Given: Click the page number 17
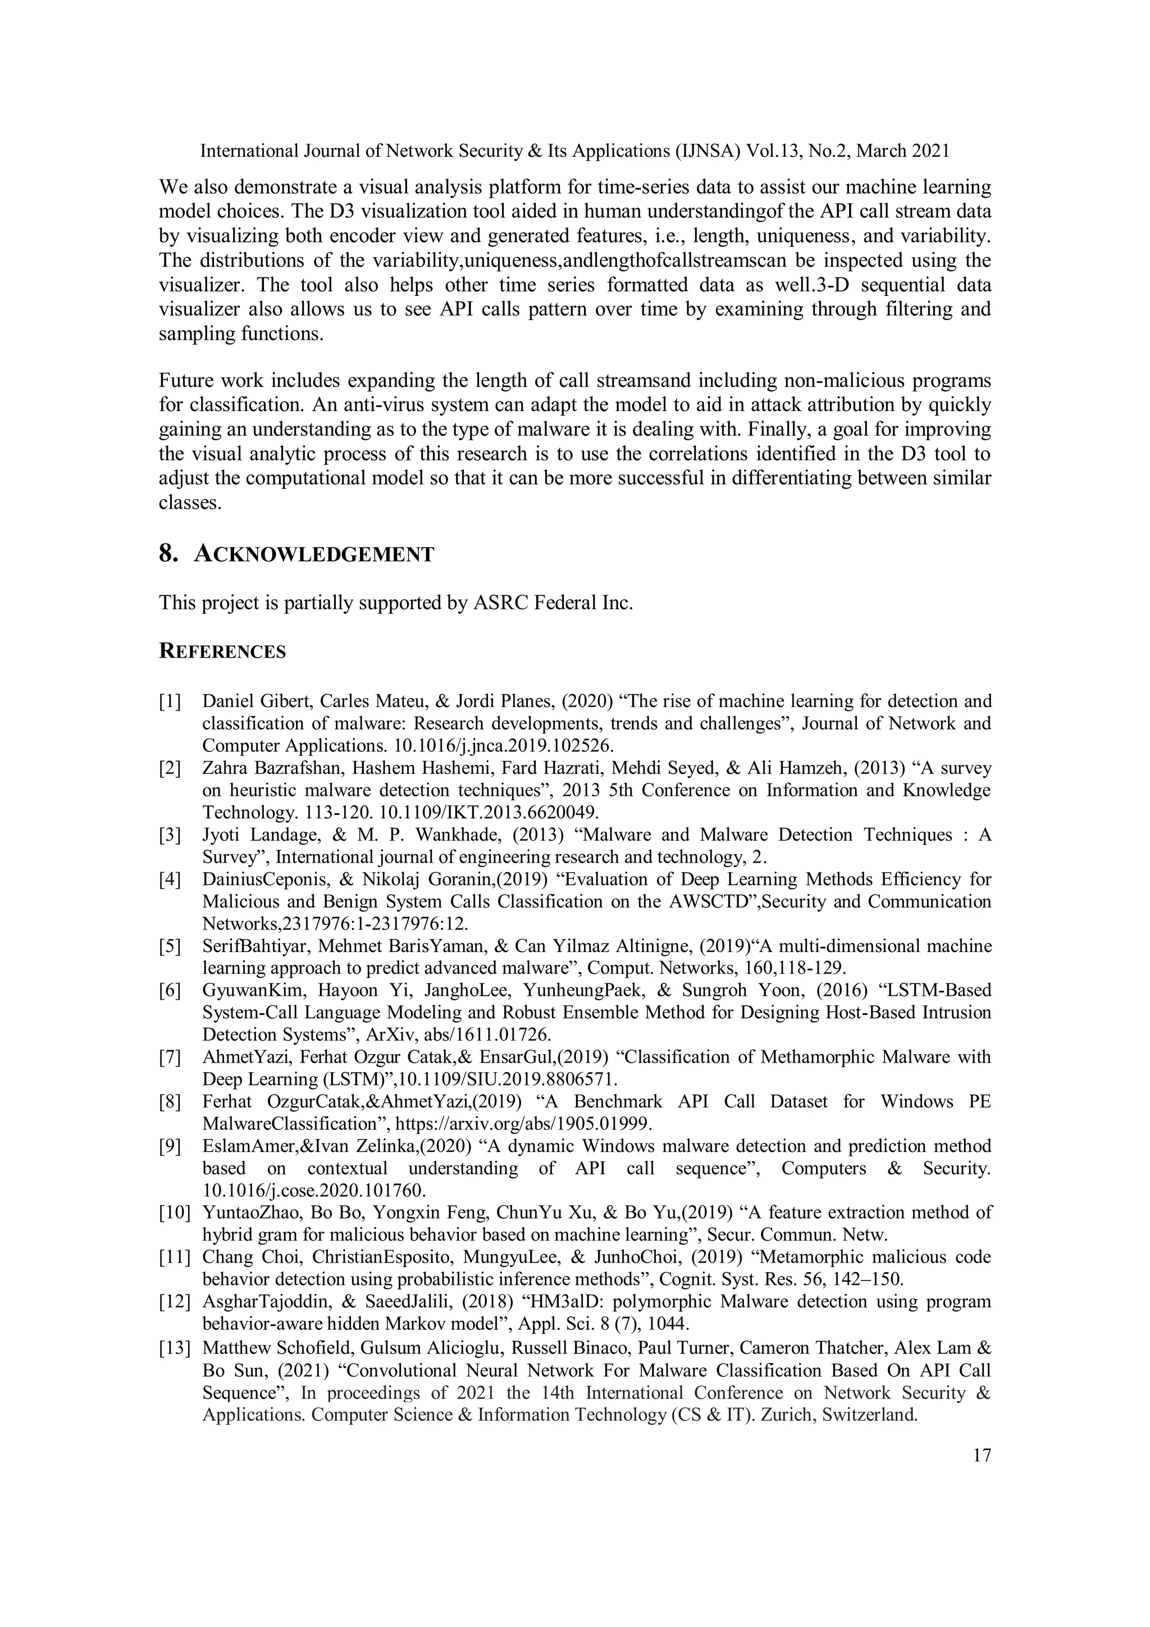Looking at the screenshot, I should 982,1456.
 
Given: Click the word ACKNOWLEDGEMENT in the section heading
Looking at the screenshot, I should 313,554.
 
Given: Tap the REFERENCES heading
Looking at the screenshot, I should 222,651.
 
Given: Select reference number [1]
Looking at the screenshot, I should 170,701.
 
